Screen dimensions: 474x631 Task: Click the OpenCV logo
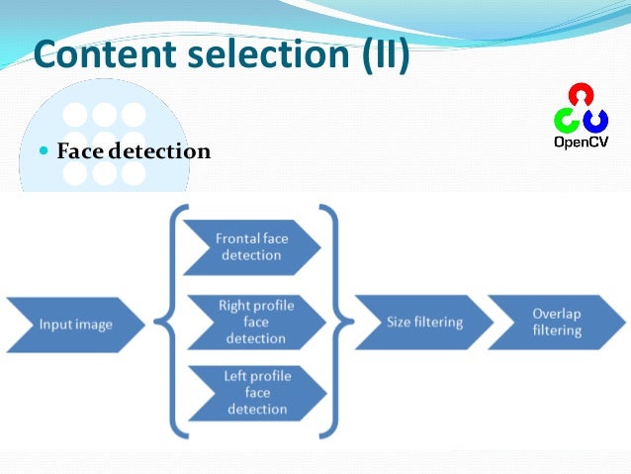coord(581,117)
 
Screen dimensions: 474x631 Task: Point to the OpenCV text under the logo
coord(581,142)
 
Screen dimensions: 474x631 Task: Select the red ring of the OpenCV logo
coord(581,96)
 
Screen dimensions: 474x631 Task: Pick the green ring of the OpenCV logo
coord(567,121)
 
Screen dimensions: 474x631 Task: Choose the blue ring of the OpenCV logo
coord(595,121)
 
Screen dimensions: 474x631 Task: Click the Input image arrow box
coord(75,324)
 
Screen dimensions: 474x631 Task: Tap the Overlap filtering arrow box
coord(558,322)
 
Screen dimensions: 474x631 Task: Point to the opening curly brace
coord(178,322)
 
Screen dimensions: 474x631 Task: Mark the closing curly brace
coord(333,322)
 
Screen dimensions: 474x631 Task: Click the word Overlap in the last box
coord(558,314)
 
